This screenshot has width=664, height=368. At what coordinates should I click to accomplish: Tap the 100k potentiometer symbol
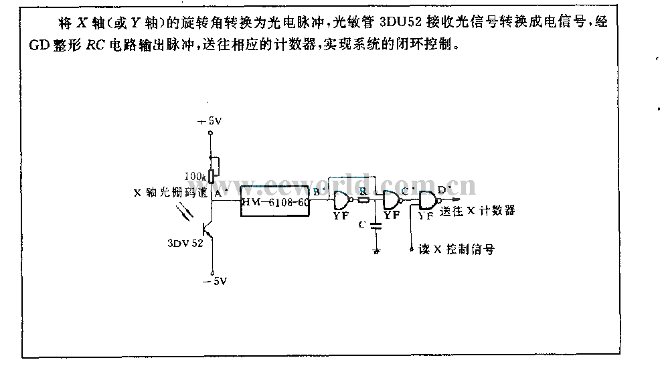(x=212, y=175)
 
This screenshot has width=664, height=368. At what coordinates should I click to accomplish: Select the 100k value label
(x=195, y=175)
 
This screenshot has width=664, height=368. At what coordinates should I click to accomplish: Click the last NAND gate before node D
(x=426, y=200)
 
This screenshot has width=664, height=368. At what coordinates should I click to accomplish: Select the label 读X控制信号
(x=455, y=250)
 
